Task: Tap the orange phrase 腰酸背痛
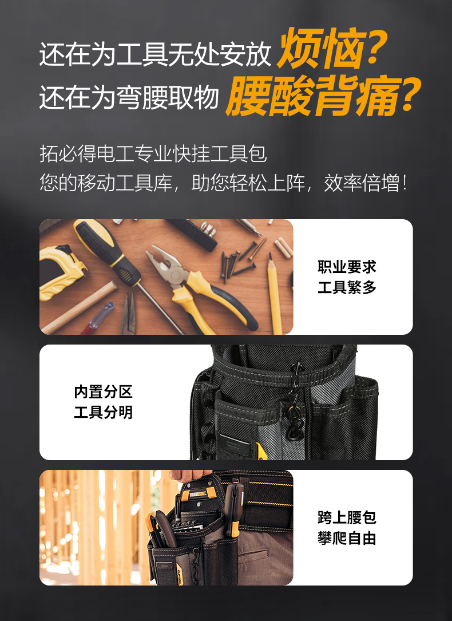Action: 312,96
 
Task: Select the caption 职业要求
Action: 347,267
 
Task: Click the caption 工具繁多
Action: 347,287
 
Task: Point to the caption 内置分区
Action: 104,392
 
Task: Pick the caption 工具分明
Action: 104,413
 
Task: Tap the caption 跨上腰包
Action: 347,517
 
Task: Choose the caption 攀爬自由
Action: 347,538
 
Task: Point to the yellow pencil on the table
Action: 274,293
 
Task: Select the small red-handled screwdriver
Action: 98,318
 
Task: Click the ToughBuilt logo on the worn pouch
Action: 197,494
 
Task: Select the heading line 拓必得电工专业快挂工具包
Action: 153,153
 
